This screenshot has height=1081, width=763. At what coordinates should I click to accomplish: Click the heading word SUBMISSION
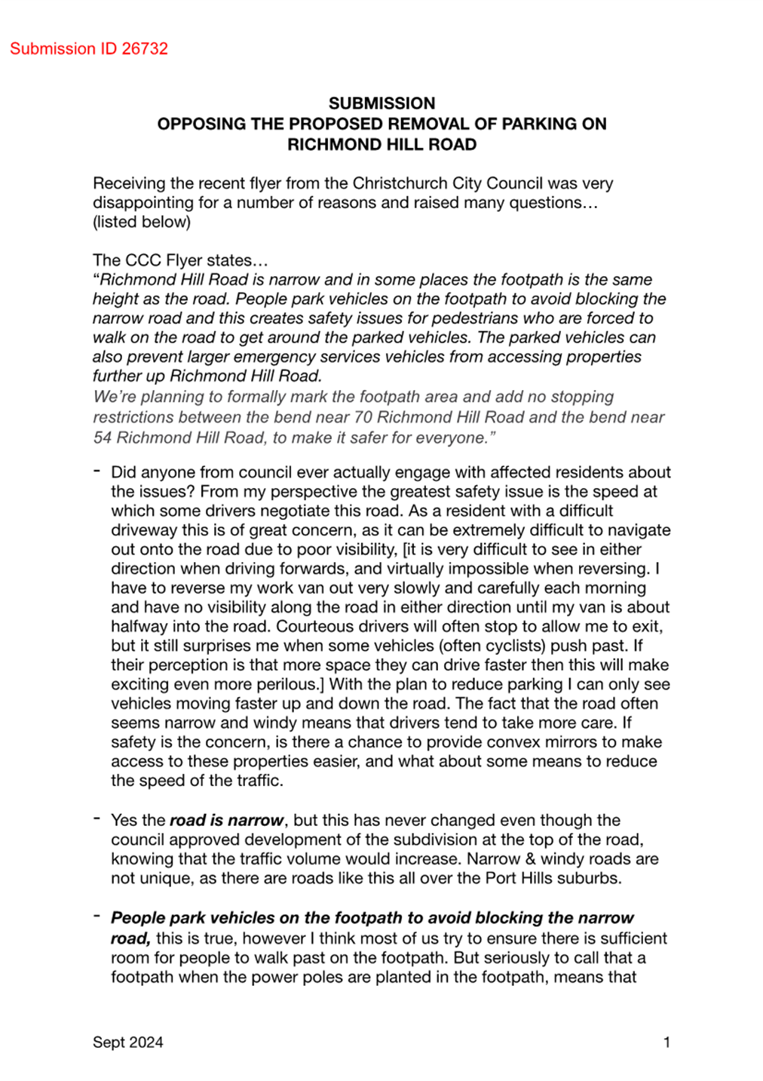click(x=381, y=103)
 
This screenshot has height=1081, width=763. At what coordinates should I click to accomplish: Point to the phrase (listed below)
click(x=142, y=222)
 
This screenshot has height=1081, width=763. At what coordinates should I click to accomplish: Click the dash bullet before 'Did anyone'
click(x=97, y=471)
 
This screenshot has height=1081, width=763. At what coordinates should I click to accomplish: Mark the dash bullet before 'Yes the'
click(x=97, y=819)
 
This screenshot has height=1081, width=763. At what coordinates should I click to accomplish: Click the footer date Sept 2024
click(x=127, y=1042)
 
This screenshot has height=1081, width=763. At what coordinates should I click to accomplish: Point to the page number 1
click(x=666, y=1042)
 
